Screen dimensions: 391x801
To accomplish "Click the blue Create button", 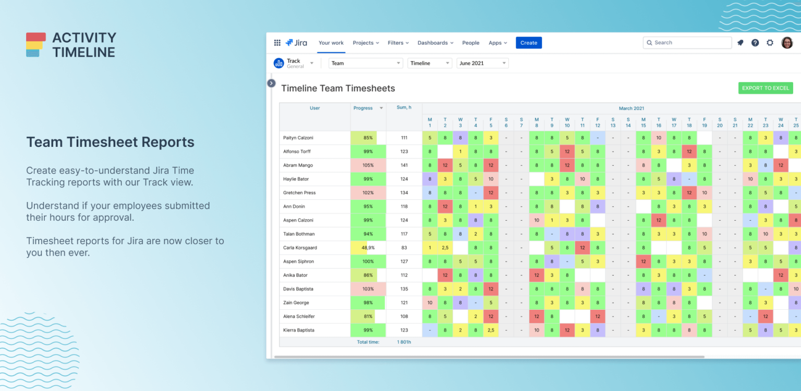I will tap(528, 43).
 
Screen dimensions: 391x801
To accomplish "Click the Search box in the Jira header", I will tap(687, 43).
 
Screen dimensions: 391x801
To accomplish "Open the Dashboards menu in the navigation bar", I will tap(435, 43).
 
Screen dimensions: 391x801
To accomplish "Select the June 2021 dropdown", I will tap(482, 63).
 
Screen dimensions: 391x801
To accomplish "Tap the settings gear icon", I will tap(770, 43).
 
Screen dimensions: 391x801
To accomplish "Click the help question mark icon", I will tap(755, 43).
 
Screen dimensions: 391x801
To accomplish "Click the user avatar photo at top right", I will tap(786, 43).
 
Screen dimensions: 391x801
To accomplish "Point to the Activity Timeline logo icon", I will tap(36, 45).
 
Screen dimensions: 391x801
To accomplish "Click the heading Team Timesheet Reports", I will tap(110, 142).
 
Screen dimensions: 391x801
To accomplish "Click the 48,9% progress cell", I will tap(368, 248).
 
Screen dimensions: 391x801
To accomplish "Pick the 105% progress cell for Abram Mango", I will tap(368, 165).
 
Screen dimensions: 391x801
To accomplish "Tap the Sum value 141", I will tap(404, 165).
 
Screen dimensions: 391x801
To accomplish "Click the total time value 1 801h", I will tap(404, 342).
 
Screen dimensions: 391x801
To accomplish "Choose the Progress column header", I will tap(363, 108).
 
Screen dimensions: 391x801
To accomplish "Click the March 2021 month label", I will tap(631, 108).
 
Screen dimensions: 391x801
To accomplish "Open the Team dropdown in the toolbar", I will tap(366, 63).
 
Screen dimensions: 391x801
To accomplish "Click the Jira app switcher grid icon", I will tap(277, 43).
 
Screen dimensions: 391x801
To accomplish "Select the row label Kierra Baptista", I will tap(298, 330).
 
